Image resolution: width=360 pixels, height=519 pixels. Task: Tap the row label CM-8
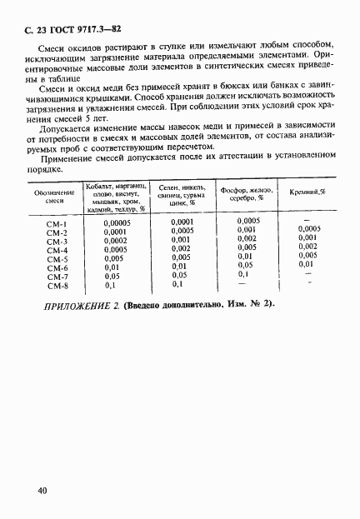[57, 284]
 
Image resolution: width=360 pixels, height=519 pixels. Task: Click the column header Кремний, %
[307, 192]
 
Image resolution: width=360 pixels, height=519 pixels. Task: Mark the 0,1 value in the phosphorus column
[243, 275]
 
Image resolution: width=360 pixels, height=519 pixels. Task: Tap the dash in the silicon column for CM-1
[308, 221]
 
